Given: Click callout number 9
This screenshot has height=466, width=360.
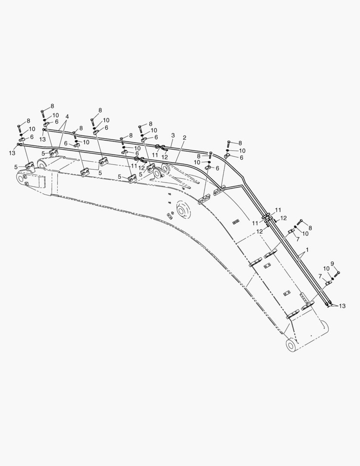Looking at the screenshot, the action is pos(332,264).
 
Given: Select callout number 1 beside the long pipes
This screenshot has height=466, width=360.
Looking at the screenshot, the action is pos(307,250).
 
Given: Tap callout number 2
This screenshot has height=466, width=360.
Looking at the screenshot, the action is pos(185,138).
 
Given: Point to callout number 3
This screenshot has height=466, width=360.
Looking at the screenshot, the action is pos(173,135).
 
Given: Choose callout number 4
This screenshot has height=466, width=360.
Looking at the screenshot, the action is pos(67,116).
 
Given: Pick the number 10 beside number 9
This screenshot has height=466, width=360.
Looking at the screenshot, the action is pos(326,269).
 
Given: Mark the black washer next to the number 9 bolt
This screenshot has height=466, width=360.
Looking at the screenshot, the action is pos(332,278).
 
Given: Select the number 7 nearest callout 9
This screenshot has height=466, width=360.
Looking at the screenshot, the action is pos(320,276).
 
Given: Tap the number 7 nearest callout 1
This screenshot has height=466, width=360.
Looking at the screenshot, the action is pos(297,239).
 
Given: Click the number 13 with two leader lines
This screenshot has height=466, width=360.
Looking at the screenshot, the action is pos(342,306).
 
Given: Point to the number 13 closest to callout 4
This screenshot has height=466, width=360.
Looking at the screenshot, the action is pos(43,139).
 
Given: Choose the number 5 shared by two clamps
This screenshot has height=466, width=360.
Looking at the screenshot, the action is pos(100,173).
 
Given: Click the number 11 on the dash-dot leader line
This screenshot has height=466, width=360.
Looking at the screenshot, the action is pos(134,166).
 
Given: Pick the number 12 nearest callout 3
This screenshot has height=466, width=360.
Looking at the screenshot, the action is pos(165,157).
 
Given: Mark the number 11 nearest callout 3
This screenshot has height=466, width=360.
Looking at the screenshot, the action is pos(155,155).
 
